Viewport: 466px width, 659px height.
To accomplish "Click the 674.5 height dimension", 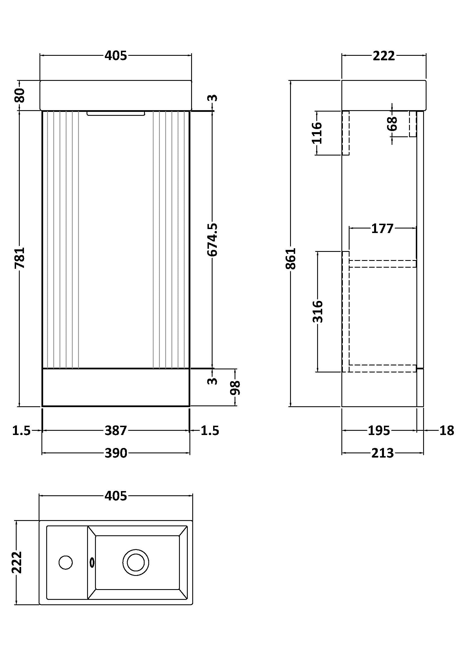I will [212, 240].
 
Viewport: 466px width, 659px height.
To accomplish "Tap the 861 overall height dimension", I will [291, 258].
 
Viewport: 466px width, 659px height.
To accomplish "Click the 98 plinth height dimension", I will [235, 388].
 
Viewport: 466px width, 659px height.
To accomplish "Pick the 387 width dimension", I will [115, 431].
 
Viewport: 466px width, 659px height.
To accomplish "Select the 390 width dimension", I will [115, 453].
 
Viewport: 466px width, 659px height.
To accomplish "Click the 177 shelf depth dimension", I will [382, 229].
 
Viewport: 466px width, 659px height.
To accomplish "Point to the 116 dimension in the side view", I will [317, 133].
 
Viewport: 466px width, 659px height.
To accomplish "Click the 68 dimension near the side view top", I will [392, 123].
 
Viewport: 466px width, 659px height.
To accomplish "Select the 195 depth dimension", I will [379, 431].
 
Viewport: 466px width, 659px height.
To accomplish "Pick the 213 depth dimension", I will [382, 453].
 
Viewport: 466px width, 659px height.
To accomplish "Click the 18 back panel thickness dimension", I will [447, 431].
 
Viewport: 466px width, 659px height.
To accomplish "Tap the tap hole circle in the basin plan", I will [65, 562].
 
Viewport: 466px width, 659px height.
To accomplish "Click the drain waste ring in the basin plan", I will [136, 562].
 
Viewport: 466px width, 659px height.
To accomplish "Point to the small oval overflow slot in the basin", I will [92, 562].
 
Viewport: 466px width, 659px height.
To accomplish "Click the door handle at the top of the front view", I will [116, 114].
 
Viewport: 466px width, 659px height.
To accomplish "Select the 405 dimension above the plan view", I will [115, 496].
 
